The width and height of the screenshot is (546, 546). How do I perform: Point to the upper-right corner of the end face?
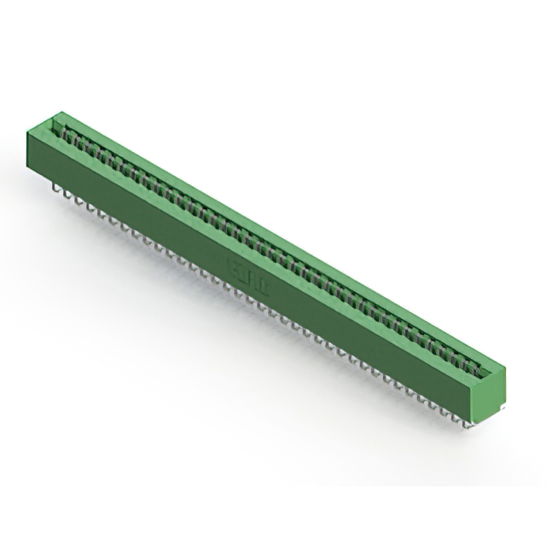click(505, 368)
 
